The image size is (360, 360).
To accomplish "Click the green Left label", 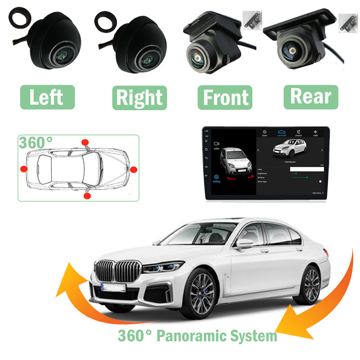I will (47, 97).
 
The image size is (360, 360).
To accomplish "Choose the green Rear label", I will (311, 96).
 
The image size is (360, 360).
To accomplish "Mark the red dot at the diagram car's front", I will (133, 169).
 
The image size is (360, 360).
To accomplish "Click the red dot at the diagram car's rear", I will (23, 169).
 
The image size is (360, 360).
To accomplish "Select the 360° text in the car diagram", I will (36, 142).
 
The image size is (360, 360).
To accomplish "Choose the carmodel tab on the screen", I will (282, 133).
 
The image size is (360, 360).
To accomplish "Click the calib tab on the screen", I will (315, 133).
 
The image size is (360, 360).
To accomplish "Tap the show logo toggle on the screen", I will (320, 181).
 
